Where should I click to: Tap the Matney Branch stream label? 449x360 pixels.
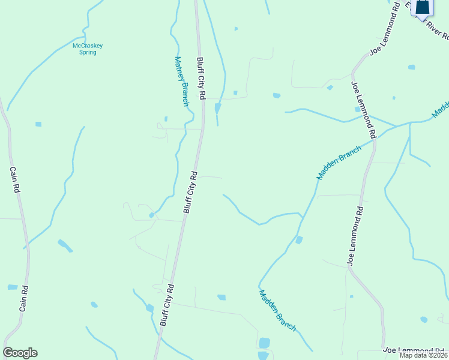182,82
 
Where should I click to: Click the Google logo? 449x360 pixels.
20,353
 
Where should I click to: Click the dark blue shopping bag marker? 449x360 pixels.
423,7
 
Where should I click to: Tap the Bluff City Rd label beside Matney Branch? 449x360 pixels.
202,79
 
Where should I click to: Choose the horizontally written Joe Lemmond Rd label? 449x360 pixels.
414,350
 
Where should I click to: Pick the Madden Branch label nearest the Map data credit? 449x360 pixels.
278,311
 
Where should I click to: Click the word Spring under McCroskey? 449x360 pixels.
88,52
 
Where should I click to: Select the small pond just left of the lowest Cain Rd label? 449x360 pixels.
13,287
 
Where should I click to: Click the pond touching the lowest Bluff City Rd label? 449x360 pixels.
149,308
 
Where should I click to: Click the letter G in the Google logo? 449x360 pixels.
8,353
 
